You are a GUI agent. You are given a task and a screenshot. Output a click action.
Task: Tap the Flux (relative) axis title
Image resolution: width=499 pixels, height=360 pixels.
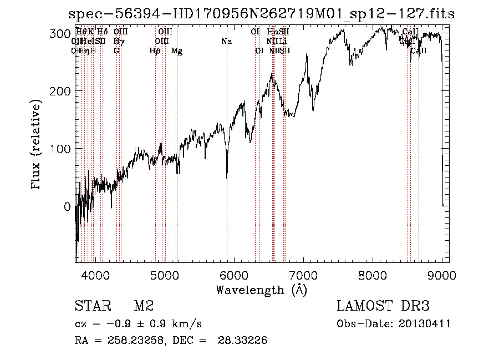(x=37, y=145)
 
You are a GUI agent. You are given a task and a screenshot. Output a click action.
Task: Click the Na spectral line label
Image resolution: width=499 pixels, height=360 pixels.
(x=226, y=42)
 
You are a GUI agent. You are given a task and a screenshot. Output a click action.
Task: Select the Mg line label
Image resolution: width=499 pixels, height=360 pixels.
(x=177, y=51)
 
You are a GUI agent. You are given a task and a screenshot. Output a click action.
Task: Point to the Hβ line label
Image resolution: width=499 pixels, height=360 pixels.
(x=155, y=51)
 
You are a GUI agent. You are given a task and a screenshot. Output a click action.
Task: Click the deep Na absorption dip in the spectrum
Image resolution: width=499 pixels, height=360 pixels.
(x=227, y=176)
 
